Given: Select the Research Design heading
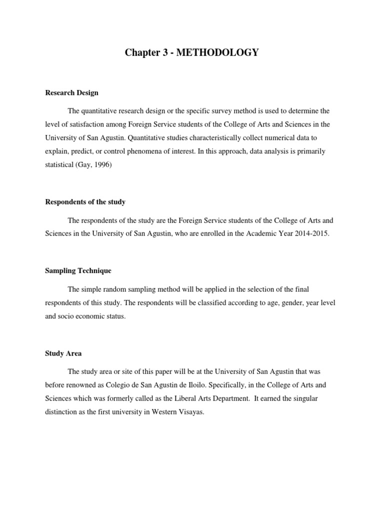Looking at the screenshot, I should (x=71, y=93).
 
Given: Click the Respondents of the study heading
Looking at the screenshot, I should (x=85, y=202).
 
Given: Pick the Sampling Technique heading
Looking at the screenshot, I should (x=78, y=271).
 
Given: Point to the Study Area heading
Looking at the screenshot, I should (x=63, y=353).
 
